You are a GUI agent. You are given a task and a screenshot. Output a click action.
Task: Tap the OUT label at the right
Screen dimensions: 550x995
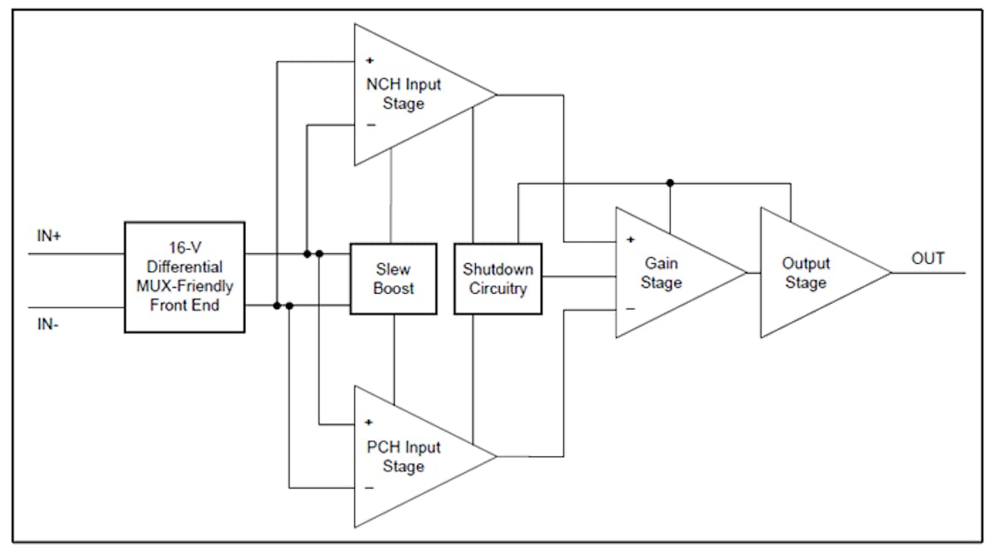click(x=928, y=259)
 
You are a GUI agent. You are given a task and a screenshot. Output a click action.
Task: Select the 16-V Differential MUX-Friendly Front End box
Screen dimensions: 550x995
click(x=184, y=277)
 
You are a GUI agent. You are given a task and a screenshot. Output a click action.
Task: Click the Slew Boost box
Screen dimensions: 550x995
click(x=393, y=279)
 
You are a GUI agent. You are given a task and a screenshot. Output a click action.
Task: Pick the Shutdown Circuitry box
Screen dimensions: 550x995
click(x=498, y=279)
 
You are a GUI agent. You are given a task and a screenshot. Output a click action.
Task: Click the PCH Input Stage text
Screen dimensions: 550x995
click(x=403, y=457)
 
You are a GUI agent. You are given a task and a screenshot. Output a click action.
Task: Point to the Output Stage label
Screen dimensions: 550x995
click(x=806, y=273)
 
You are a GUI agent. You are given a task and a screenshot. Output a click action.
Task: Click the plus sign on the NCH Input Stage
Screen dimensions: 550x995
click(x=369, y=61)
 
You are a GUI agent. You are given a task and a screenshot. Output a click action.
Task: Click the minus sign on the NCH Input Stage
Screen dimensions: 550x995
click(x=370, y=125)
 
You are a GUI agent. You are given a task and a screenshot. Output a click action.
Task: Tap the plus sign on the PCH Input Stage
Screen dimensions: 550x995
click(x=369, y=422)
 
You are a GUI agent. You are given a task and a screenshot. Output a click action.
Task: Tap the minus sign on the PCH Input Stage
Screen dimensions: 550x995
click(x=370, y=488)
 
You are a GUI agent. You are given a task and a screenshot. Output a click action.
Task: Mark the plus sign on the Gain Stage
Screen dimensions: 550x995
click(x=630, y=240)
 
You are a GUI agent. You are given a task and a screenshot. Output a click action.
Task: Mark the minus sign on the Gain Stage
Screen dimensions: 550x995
click(x=630, y=308)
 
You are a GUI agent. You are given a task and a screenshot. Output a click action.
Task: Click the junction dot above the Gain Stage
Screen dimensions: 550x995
click(x=670, y=183)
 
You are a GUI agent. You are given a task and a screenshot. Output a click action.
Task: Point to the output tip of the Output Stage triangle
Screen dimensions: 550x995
click(x=891, y=272)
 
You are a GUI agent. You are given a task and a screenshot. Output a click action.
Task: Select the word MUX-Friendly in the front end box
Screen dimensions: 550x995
click(x=184, y=287)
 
